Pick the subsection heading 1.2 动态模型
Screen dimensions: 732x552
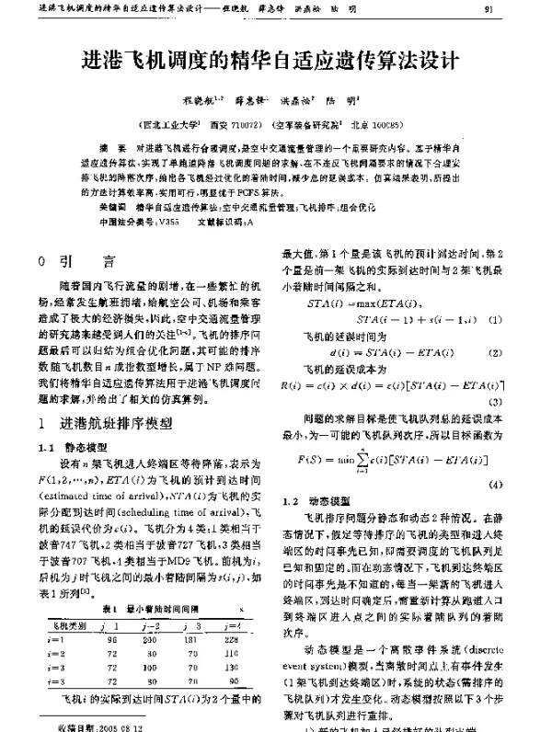click(x=316, y=501)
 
